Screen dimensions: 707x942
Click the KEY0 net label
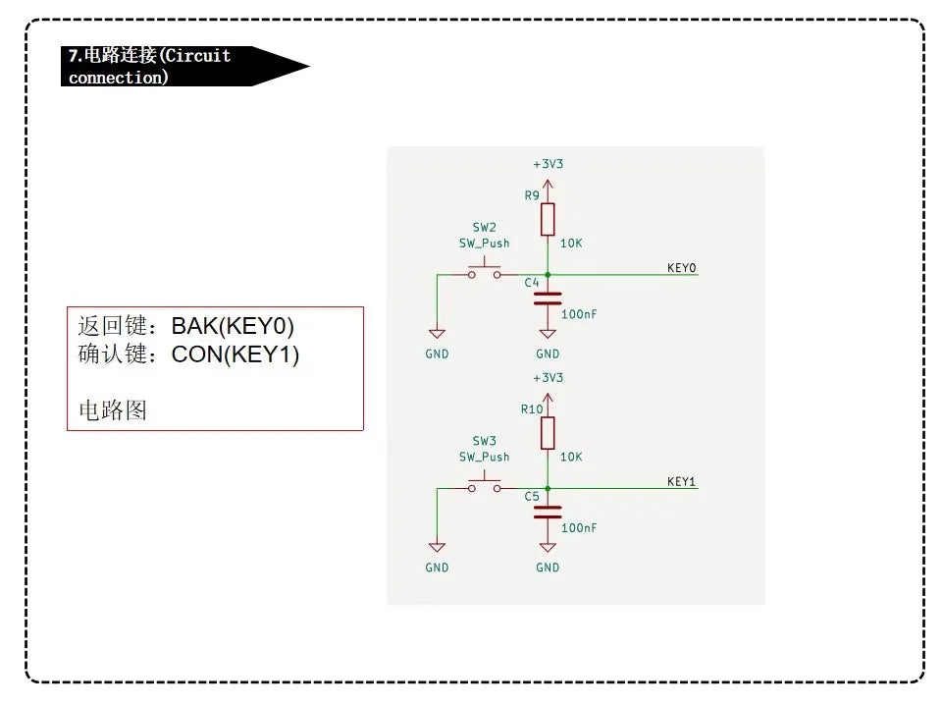[680, 268]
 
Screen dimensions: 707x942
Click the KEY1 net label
[680, 481]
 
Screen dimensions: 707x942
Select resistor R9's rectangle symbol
[548, 219]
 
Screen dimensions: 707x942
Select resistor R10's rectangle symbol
[548, 432]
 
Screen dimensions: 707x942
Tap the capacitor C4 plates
[548, 299]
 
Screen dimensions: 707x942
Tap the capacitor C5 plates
[548, 512]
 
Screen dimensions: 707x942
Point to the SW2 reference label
[484, 227]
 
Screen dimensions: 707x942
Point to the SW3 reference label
[484, 441]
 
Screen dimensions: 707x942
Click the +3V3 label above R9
[548, 164]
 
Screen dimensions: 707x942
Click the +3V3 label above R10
[548, 378]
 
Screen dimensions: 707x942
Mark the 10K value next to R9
[571, 244]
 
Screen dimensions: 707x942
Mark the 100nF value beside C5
[579, 527]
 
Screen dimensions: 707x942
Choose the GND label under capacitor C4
[548, 353]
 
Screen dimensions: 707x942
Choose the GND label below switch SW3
[437, 568]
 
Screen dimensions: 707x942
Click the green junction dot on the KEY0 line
[548, 275]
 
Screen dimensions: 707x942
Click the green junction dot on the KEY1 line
[548, 488]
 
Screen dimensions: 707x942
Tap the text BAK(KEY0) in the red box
[233, 325]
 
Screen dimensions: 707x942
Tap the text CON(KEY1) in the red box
[235, 353]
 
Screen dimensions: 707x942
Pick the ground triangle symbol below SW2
[437, 334]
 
